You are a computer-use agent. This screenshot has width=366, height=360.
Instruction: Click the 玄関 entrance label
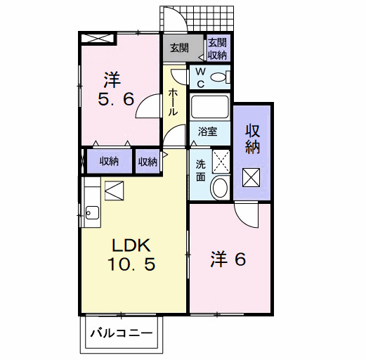[x=179, y=49]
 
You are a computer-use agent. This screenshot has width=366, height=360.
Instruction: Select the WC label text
[x=200, y=77]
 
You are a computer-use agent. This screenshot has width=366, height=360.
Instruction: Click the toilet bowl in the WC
[x=219, y=77]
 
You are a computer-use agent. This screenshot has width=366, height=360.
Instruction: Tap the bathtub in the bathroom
[x=210, y=108]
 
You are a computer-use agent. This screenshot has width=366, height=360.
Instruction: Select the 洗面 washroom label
[x=200, y=168]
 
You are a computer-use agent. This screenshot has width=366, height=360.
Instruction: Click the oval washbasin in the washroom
[x=219, y=188]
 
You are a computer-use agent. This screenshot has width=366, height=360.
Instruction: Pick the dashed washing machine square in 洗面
[x=220, y=160]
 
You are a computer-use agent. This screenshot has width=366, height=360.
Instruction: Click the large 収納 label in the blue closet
[x=252, y=139]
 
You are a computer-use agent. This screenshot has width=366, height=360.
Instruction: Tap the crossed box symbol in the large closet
[x=251, y=178]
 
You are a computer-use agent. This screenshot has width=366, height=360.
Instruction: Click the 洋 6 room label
[x=228, y=259]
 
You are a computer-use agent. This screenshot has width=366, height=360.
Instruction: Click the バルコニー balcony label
[x=121, y=333]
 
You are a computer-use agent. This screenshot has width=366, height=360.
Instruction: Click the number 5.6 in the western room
[x=116, y=99]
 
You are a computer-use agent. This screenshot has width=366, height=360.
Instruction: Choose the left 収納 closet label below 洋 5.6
[x=108, y=161]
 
